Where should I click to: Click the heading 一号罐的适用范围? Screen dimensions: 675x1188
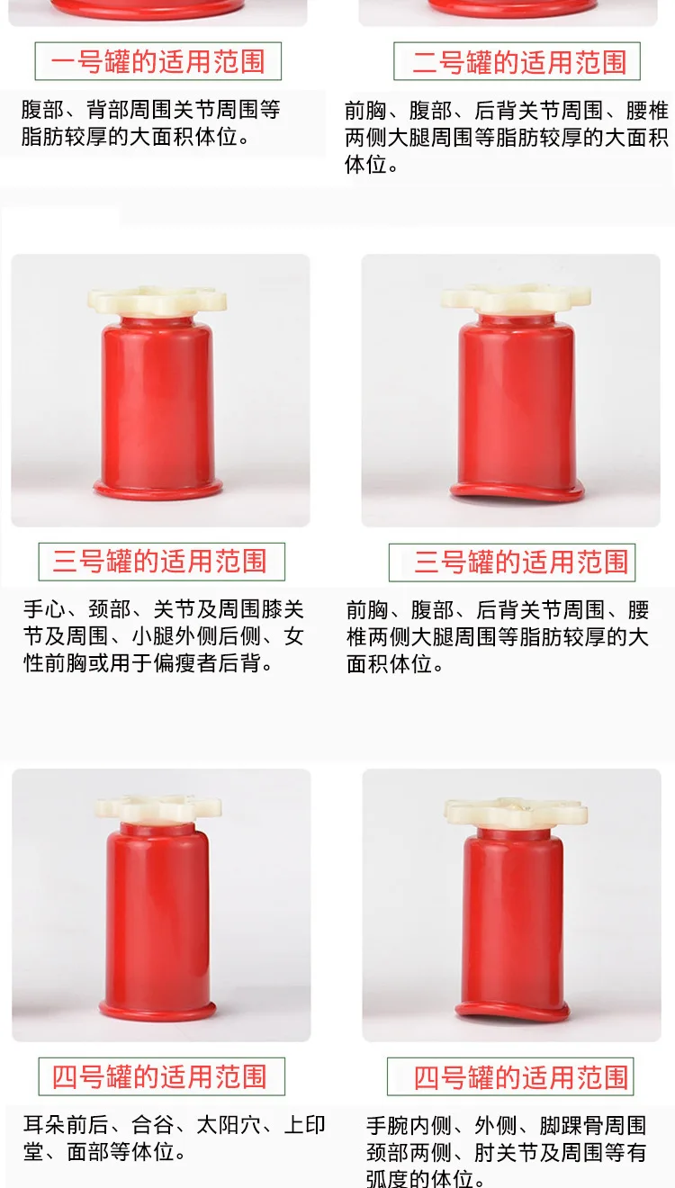157,61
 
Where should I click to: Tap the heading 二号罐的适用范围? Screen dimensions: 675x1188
519,62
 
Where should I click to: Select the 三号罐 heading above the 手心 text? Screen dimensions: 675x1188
159,561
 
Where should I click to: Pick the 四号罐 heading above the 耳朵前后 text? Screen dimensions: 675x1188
159,1076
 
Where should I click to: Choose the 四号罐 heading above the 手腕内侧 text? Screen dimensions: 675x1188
521,1077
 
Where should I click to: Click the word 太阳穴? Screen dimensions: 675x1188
229,1125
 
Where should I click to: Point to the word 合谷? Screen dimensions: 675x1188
153,1125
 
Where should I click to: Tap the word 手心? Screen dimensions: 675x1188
44,609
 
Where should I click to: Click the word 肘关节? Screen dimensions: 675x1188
506,1153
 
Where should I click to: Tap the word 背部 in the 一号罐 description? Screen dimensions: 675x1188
108,110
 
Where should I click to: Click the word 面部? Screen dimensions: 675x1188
88,1152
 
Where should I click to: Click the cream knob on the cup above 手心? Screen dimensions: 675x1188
157,301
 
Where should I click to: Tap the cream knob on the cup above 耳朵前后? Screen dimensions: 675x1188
158,808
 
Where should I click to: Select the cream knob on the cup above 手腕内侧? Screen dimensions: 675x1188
516,812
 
